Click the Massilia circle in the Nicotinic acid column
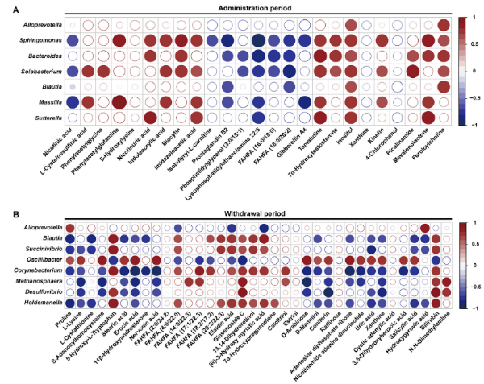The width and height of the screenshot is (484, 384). (73, 102)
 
